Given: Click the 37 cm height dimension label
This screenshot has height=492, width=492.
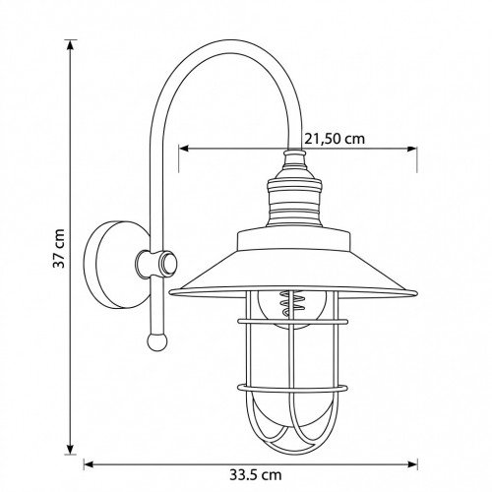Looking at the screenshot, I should [x=59, y=251].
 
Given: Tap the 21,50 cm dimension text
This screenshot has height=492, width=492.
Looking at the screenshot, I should [x=334, y=139].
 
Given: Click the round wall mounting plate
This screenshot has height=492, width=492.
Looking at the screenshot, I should [x=110, y=263].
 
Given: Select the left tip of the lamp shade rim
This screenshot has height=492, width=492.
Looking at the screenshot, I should [x=171, y=291].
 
